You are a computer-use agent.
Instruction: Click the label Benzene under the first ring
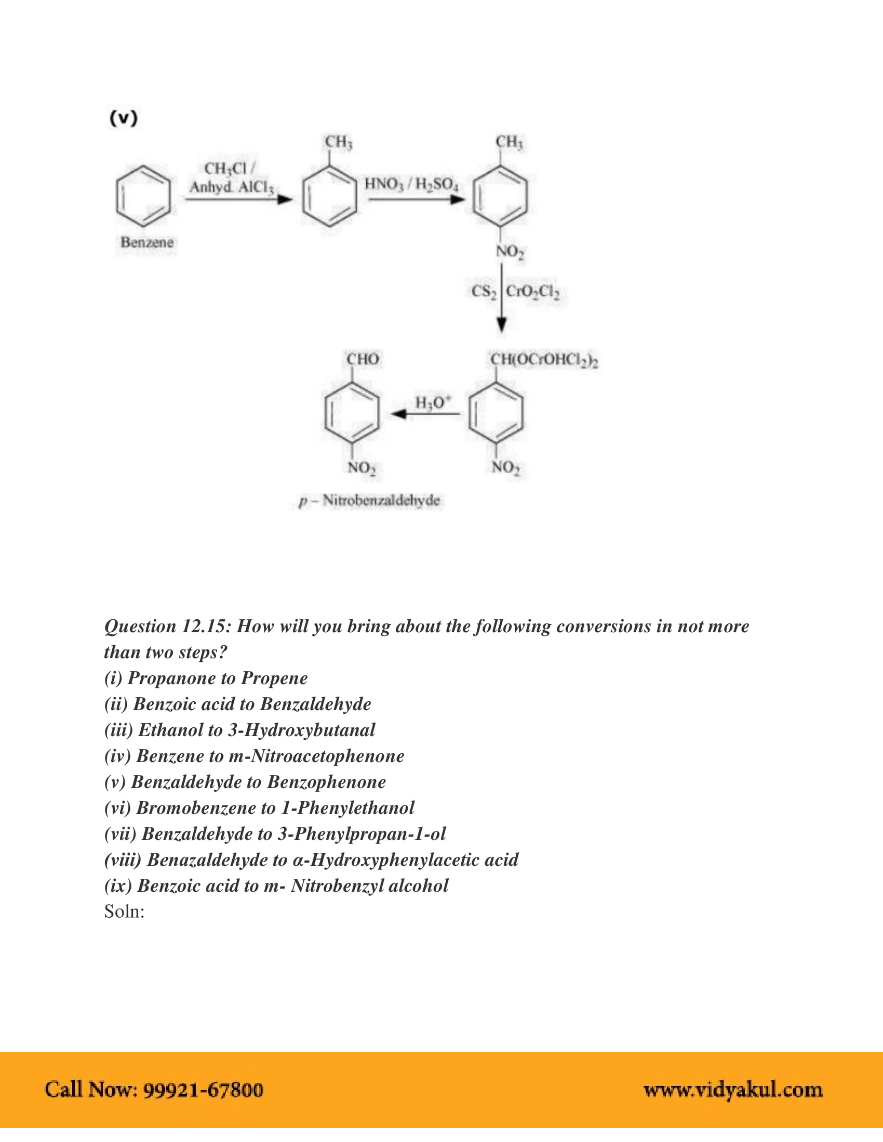[x=146, y=242]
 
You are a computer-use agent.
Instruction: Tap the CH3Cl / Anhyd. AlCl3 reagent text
[x=231, y=178]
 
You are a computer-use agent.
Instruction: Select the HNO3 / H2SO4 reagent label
[x=412, y=184]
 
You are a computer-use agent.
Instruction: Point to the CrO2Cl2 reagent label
[x=532, y=292]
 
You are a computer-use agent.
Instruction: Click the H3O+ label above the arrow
[x=432, y=402]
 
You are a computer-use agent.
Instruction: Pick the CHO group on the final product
[x=363, y=359]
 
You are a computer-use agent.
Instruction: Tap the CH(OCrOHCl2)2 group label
[x=543, y=360]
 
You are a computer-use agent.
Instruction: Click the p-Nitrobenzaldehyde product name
[x=369, y=500]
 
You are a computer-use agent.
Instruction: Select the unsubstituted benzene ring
[x=143, y=196]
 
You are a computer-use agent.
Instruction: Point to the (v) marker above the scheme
[x=124, y=118]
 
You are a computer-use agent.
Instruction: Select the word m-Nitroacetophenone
[x=316, y=756]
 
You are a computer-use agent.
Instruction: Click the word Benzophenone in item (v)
[x=326, y=782]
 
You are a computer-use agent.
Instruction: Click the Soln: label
[x=124, y=912]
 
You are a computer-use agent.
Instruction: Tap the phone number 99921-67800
[x=203, y=1090]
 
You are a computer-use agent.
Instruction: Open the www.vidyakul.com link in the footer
[x=733, y=1090]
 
